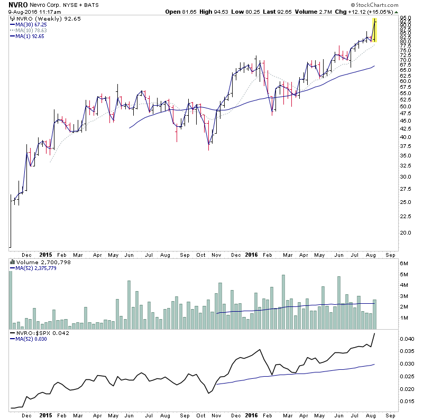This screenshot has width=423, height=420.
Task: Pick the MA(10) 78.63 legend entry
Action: pos(29,30)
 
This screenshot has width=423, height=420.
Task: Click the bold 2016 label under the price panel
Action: pos(251,254)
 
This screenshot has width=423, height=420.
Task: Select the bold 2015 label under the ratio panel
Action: pos(45,415)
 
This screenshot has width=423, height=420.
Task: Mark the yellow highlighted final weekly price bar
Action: pos(374,30)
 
